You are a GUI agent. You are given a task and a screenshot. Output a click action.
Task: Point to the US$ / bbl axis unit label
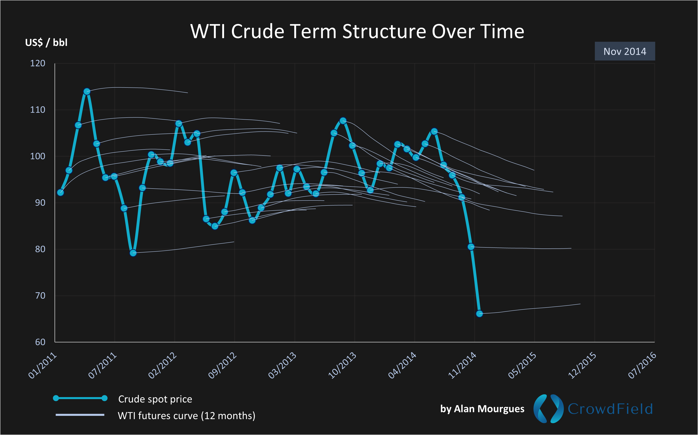pos(46,43)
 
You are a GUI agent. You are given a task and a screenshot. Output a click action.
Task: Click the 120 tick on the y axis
pos(38,63)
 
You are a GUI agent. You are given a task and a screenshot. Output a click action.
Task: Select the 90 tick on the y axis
pos(40,203)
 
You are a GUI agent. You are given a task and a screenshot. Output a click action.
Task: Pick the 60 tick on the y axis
pos(40,342)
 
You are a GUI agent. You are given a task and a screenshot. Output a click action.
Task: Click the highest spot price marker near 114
pos(87,92)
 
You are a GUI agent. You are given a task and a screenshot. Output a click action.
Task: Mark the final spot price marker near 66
pos(479,314)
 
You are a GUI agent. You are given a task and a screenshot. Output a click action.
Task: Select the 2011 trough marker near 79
pos(133,253)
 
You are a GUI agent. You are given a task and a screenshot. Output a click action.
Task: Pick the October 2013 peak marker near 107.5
pos(343,121)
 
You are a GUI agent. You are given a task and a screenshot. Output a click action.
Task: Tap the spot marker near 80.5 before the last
pos(471,247)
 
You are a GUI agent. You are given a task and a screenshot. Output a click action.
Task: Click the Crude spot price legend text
pos(155,399)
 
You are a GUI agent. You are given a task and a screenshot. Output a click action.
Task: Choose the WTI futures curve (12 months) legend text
pos(186,416)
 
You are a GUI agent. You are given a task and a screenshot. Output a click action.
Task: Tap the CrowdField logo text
pos(610,409)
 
